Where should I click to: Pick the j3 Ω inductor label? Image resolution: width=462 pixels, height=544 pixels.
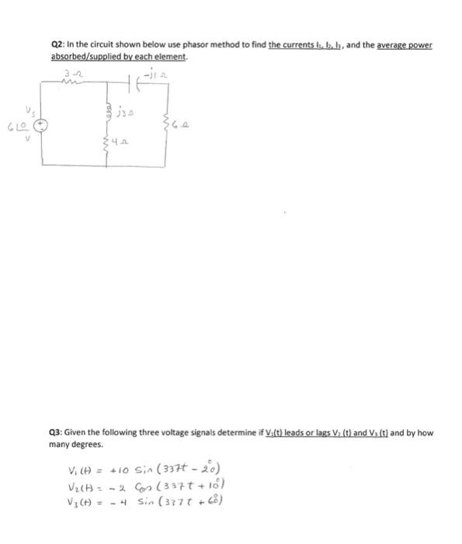[126, 114]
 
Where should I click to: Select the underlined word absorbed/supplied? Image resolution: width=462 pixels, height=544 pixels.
[82, 57]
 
